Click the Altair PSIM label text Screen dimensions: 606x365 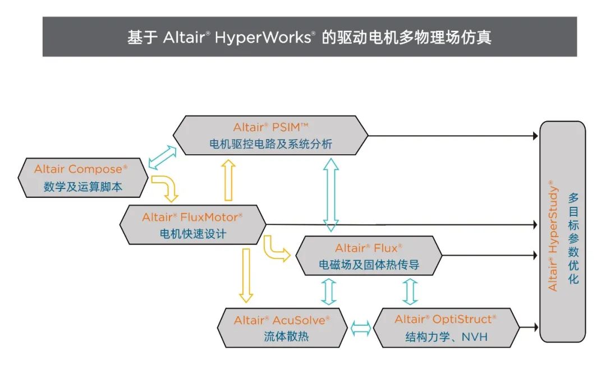click(x=270, y=127)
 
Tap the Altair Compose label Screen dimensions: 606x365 click(x=81, y=169)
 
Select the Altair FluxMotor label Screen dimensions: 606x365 click(x=192, y=217)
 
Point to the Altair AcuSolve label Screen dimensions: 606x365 click(x=282, y=320)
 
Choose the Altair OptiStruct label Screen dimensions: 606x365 click(x=445, y=319)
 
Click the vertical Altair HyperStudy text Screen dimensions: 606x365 click(x=553, y=235)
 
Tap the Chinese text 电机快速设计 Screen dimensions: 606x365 click(x=193, y=234)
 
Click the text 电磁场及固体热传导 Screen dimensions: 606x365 click(x=369, y=265)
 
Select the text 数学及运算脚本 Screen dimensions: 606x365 click(x=82, y=187)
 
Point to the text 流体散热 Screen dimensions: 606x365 click(x=286, y=336)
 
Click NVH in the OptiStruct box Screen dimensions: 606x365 click(x=475, y=337)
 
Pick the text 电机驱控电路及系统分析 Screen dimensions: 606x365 click(x=270, y=144)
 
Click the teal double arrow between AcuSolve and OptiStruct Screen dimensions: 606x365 click(x=361, y=329)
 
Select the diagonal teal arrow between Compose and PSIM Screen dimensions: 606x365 click(x=162, y=157)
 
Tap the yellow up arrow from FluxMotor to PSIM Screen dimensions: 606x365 click(x=228, y=181)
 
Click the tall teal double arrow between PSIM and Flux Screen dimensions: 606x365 click(x=331, y=195)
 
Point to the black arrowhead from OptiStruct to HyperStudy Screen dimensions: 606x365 click(x=535, y=327)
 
